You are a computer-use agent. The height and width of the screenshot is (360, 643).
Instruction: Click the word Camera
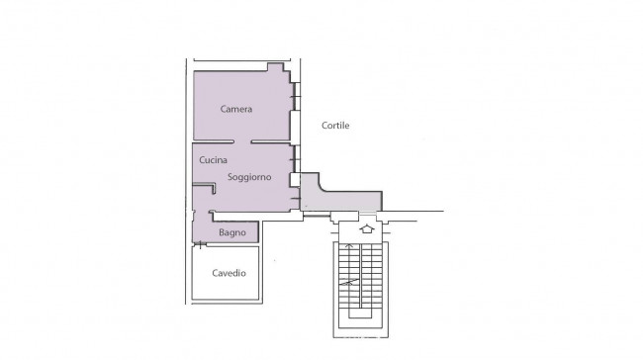(236, 109)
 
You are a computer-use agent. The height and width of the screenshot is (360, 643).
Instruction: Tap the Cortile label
(335, 126)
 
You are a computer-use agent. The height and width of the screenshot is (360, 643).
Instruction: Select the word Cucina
(213, 160)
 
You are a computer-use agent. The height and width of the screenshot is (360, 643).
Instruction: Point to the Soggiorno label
(249, 177)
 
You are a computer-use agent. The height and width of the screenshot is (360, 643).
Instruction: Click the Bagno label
(232, 232)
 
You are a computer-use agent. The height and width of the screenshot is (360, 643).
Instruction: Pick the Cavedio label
(229, 273)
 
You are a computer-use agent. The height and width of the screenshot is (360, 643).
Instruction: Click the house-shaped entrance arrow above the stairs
(367, 228)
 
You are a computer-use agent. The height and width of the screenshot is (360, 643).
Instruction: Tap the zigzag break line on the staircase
(348, 282)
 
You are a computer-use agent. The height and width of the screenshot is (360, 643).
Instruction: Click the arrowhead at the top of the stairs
(349, 246)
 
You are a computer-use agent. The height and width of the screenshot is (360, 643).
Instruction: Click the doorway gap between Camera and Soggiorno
(242, 141)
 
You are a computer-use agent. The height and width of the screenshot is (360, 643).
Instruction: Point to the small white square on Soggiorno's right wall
(295, 180)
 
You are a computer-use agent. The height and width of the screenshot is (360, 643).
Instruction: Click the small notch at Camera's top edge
(275, 67)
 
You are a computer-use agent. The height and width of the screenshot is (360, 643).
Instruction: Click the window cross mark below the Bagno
(200, 245)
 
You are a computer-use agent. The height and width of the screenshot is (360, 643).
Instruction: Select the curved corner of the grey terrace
(321, 188)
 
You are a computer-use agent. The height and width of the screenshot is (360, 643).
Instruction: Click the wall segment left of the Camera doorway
(214, 141)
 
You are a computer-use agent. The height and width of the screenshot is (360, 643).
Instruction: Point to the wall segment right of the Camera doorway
(271, 141)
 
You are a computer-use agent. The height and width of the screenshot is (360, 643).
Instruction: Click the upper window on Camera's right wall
(296, 96)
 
